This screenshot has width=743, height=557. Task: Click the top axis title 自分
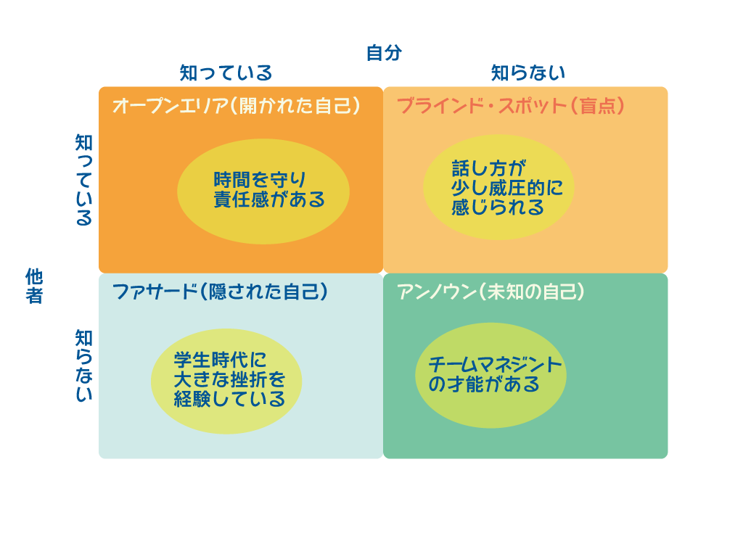384,53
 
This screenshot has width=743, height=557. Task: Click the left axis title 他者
34,286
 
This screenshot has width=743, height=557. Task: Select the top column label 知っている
226,73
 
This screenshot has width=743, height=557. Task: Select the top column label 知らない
528,73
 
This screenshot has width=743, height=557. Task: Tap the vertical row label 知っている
84,180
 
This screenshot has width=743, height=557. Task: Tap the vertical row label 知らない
84,366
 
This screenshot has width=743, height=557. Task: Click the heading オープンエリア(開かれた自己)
237,106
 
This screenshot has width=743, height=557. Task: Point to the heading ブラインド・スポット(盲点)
511,106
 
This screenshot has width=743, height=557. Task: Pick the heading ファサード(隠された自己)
220,292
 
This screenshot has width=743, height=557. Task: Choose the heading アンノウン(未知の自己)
491,292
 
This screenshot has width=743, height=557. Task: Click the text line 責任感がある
269,200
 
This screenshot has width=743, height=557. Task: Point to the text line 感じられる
498,207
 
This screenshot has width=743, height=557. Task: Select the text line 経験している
229,399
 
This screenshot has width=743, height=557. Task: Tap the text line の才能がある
484,384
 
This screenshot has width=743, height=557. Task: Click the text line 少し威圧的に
507,188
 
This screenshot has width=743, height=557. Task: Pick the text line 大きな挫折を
229,379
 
